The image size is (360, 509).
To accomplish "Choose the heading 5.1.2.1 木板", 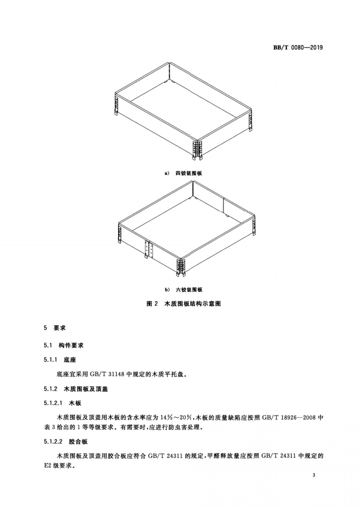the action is (x=62, y=403).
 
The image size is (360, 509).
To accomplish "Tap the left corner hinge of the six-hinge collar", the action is (x=120, y=233).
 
